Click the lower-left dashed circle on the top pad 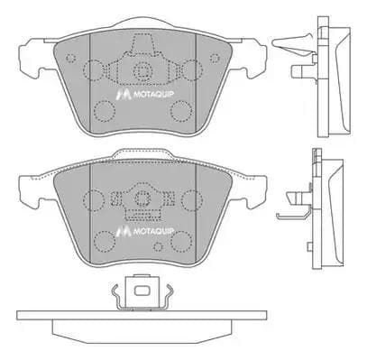click(104, 112)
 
